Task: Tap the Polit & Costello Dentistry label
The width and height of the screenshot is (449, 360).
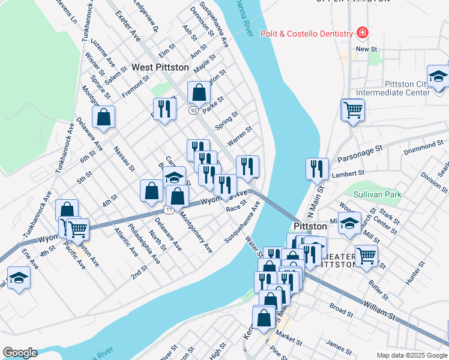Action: click(306, 34)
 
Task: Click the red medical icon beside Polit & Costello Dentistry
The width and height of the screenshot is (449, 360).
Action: click(362, 32)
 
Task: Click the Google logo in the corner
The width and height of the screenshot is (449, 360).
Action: click(20, 353)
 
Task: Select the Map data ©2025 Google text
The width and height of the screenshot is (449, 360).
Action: click(411, 355)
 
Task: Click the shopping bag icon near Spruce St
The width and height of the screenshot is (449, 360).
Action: click(104, 118)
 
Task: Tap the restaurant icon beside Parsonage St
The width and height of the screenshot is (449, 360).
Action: click(316, 169)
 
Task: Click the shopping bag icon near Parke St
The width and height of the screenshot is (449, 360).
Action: click(199, 92)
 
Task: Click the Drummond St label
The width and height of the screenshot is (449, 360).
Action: click(423, 146)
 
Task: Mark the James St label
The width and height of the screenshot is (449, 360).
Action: click(339, 346)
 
